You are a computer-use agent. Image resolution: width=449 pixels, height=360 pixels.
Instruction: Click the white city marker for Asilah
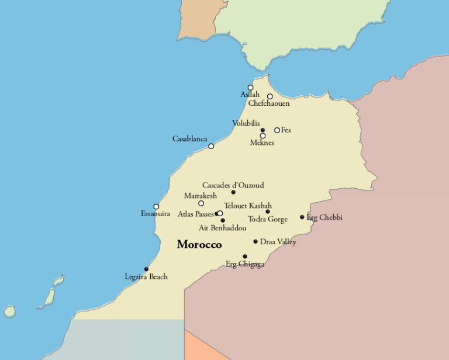(x=250, y=88)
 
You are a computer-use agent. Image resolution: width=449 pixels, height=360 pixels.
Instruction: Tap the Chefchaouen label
(x=269, y=103)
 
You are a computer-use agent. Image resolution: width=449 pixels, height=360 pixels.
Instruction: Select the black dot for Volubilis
(x=263, y=130)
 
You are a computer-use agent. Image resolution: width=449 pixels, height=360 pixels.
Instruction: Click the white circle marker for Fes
(x=277, y=130)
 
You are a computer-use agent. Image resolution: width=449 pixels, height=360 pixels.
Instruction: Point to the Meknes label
(x=262, y=143)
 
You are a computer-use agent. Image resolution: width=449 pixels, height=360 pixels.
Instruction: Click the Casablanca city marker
(x=211, y=146)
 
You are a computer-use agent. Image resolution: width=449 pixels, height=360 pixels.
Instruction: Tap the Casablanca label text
(x=189, y=139)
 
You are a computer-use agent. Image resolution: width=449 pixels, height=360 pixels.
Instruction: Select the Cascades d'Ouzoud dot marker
(x=233, y=192)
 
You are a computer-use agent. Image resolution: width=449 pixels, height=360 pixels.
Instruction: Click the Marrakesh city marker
(x=201, y=203)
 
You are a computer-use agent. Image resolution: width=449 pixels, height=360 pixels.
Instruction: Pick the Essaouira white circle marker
(x=156, y=206)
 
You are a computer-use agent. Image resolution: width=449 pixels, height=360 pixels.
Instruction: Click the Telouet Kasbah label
(x=248, y=206)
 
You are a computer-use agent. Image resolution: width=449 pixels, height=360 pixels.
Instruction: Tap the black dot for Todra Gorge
(x=268, y=212)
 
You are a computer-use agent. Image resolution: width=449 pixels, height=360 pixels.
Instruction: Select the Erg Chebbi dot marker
(x=302, y=217)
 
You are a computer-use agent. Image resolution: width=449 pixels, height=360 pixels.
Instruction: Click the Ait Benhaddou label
(x=222, y=228)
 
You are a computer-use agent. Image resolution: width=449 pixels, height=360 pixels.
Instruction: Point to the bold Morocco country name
(x=199, y=244)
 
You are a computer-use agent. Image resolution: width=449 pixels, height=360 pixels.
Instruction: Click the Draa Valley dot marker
(x=255, y=241)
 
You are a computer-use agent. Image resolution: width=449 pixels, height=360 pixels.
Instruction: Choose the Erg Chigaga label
(x=245, y=265)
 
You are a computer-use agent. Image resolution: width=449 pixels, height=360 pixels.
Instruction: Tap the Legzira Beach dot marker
(x=146, y=269)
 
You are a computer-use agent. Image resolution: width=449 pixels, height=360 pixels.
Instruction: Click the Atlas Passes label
(x=195, y=214)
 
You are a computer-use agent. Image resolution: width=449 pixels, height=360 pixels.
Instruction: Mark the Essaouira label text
(x=156, y=214)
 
